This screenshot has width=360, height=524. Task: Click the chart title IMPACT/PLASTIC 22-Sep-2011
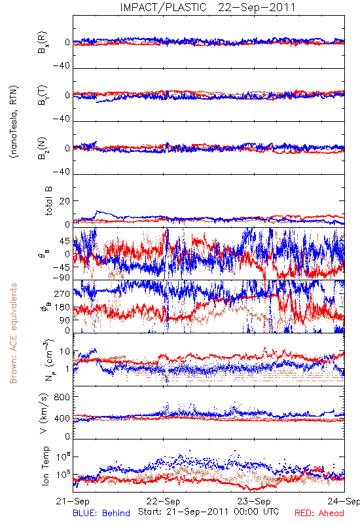click(207, 7)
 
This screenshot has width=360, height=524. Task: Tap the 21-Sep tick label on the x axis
click(73, 501)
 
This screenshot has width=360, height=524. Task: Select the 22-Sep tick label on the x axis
click(163, 501)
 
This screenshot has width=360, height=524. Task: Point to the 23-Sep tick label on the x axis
click(254, 501)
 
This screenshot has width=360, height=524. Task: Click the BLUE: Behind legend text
click(101, 513)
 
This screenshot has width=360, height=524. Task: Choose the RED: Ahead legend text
click(319, 513)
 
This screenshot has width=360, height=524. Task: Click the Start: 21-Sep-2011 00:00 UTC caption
click(209, 512)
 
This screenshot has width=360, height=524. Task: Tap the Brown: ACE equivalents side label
click(13, 333)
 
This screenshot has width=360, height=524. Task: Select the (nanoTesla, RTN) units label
click(14, 121)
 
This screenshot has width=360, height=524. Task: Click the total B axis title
click(48, 200)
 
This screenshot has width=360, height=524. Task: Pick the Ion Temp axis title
click(45, 466)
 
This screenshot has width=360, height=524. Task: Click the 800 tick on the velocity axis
click(62, 397)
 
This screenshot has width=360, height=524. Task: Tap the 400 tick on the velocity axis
click(62, 418)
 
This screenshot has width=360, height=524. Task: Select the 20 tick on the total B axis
click(64, 201)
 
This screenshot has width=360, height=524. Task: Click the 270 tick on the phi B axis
click(62, 293)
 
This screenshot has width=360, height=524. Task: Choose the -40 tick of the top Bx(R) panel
click(61, 65)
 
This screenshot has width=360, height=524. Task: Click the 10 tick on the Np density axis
click(65, 351)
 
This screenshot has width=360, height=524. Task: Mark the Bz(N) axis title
click(43, 148)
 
